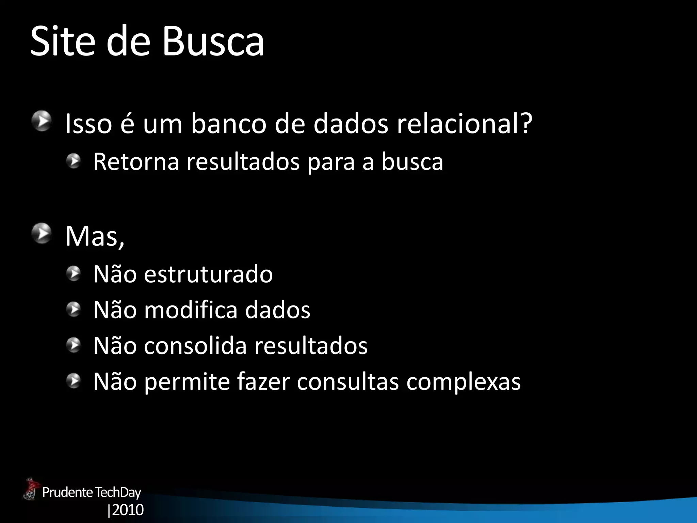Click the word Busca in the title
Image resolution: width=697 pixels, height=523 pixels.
pyautogui.click(x=213, y=42)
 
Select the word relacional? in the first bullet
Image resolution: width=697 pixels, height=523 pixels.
pyautogui.click(x=465, y=124)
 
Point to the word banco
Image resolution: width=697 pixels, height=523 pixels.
pyautogui.click(x=228, y=124)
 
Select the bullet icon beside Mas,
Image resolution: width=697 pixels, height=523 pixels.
pyautogui.click(x=42, y=234)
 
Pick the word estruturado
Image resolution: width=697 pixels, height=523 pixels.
pyautogui.click(x=208, y=274)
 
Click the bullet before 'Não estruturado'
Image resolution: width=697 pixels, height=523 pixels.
pyautogui.click(x=73, y=273)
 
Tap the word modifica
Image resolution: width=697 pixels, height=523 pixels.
pyautogui.click(x=191, y=310)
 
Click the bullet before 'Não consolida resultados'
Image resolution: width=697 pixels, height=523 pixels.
pyautogui.click(x=73, y=345)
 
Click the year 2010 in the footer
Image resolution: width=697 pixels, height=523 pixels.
pyautogui.click(x=128, y=510)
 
